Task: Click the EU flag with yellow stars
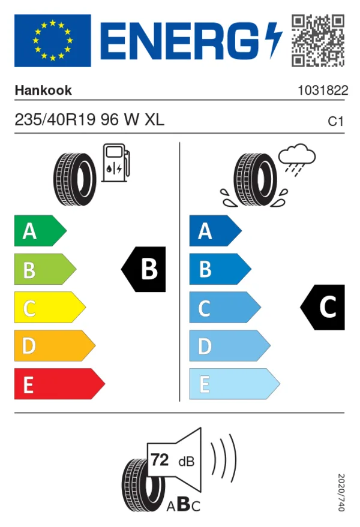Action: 52,40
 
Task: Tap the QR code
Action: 318,40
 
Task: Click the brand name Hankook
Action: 43,91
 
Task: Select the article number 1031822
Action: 323,91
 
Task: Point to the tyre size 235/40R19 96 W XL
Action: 89,120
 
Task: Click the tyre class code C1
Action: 336,121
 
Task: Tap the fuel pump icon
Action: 116,163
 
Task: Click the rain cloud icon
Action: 297,159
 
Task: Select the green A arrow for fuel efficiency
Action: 40,231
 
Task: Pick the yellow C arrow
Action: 50,308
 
